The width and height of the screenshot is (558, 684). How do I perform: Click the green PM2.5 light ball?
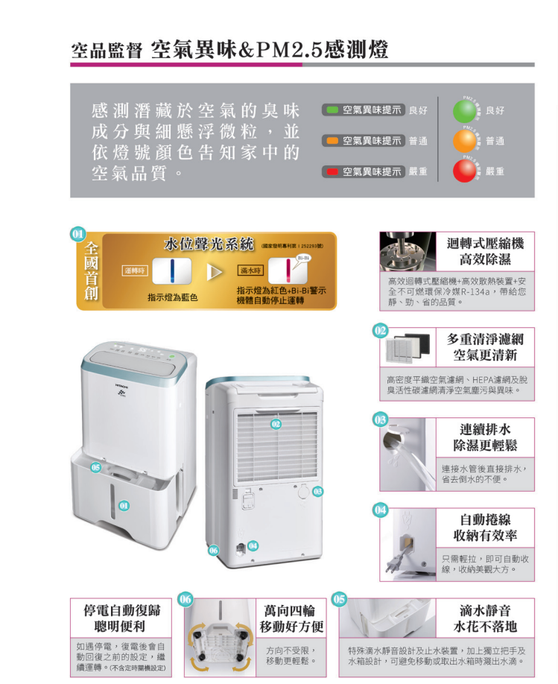(467, 110)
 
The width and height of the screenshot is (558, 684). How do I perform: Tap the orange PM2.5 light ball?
(467, 141)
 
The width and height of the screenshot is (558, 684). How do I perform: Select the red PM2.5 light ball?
(467, 171)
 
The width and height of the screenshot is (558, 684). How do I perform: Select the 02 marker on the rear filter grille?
(276, 424)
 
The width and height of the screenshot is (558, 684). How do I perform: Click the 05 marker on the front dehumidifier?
(95, 466)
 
